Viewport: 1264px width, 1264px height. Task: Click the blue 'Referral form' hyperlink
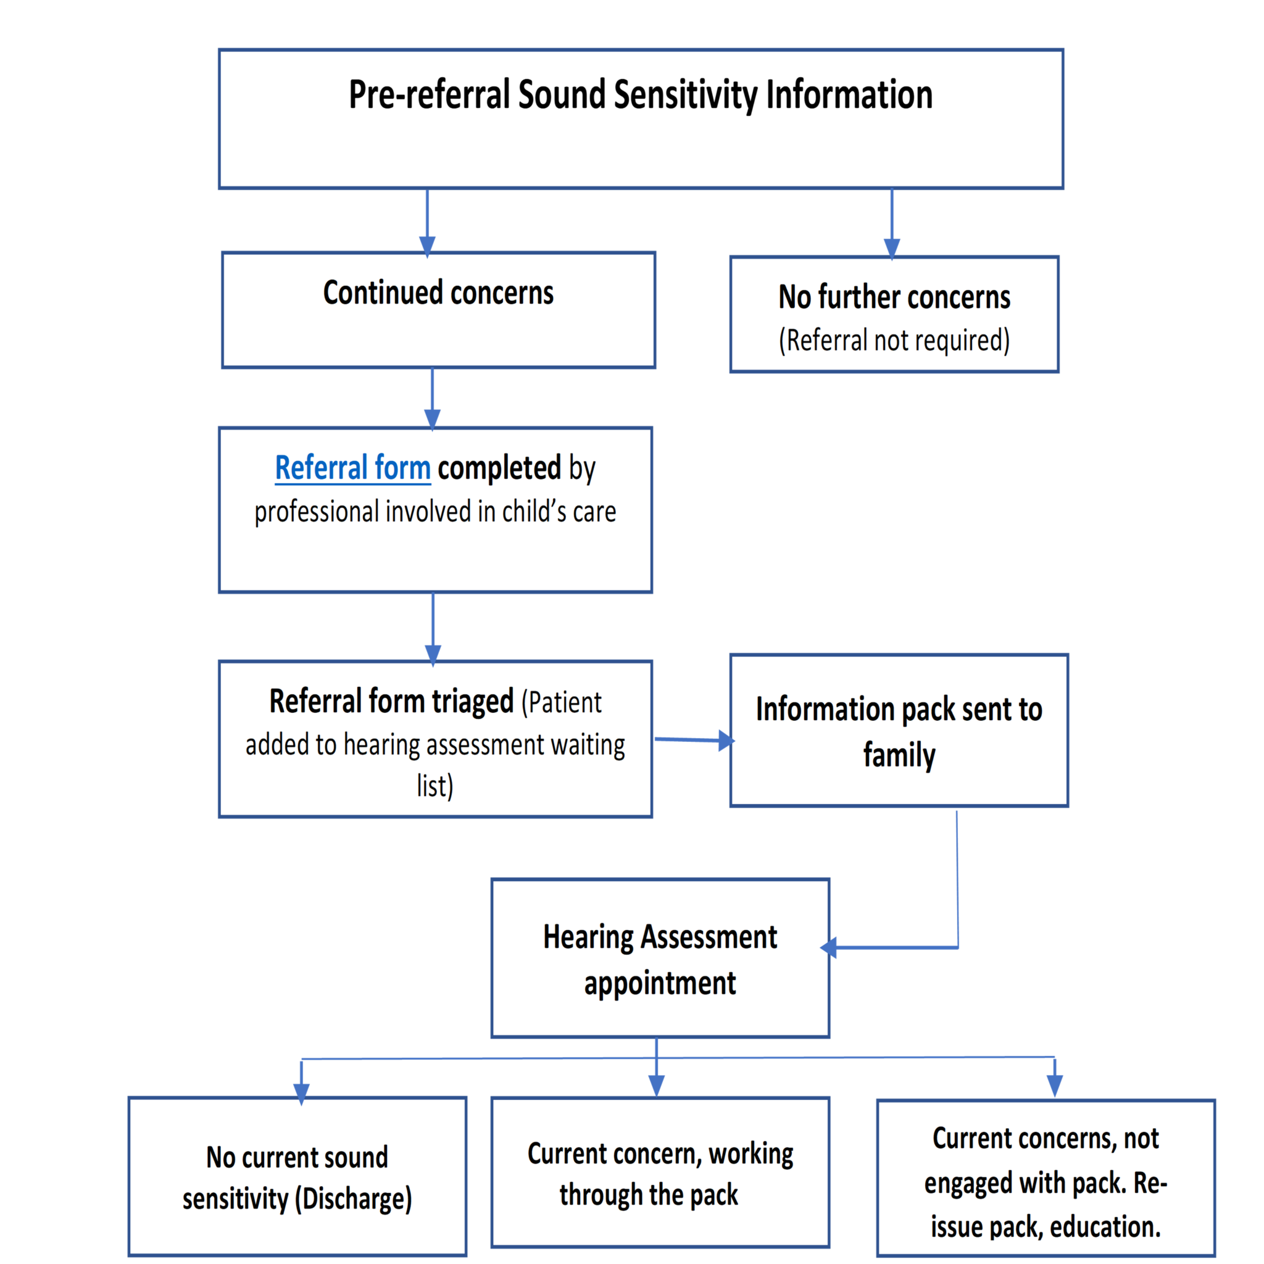pos(352,468)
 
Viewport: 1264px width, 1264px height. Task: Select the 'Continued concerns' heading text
pos(438,293)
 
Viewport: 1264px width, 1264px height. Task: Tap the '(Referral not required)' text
pos(894,340)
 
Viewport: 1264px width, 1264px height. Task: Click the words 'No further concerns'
pos(894,297)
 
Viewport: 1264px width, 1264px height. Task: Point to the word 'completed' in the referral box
pos(499,468)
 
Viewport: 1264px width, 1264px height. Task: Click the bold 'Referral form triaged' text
pos(391,701)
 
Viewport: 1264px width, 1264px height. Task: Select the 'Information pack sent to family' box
pos(898,731)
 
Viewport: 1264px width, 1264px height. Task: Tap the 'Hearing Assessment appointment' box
pos(660,959)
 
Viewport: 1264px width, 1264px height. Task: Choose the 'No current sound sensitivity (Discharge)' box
pos(297,1178)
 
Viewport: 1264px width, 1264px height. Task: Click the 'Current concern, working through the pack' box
pos(660,1174)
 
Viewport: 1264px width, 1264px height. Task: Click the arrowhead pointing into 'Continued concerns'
pos(426,246)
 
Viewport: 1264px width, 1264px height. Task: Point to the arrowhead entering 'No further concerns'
pos(891,248)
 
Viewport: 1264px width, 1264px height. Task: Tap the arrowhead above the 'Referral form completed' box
pos(432,418)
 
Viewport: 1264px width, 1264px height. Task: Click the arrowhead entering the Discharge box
pos(301,1092)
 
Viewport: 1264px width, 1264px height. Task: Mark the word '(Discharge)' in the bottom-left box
pos(353,1199)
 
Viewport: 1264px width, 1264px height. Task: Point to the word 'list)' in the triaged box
pos(434,786)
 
